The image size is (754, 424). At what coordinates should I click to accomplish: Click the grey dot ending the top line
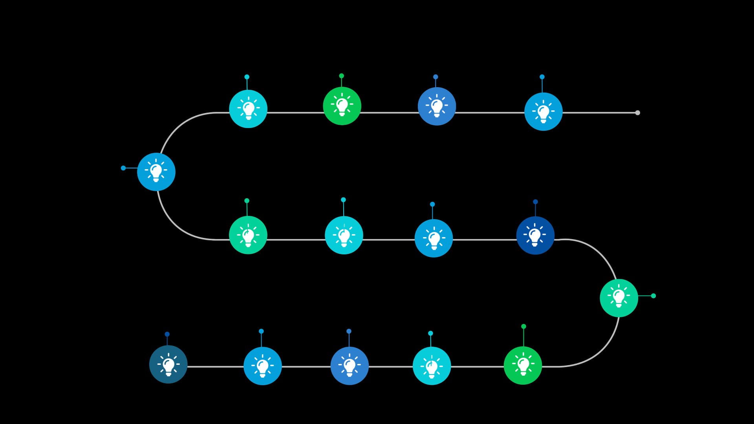point(637,113)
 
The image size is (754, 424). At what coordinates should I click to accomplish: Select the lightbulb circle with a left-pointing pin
point(156,172)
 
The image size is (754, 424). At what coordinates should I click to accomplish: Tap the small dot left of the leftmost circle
point(123,168)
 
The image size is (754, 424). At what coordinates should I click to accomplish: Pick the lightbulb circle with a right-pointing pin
point(619,298)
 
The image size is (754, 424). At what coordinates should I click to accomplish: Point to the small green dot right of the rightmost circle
point(653,296)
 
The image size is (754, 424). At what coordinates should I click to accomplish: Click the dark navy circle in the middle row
point(535,235)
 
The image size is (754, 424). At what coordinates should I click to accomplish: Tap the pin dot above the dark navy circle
point(535,202)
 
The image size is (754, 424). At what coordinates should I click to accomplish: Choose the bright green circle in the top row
point(342,106)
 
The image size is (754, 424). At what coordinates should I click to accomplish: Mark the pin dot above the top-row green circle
point(341,76)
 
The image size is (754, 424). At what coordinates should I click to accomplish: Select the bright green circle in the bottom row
point(523,366)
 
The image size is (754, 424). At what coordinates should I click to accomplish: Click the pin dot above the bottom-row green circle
point(523,326)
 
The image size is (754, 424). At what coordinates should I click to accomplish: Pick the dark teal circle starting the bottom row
point(168,364)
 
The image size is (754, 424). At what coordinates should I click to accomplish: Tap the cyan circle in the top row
point(248,109)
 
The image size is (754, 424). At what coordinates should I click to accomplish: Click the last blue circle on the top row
point(544,111)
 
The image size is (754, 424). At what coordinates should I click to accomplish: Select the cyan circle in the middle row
point(344,235)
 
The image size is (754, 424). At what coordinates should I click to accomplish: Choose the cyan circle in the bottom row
point(432,366)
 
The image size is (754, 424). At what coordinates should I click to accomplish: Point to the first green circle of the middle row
point(248,235)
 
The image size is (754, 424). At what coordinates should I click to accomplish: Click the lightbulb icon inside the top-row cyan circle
point(248,109)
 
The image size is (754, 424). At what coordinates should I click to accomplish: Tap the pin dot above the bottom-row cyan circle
point(430,333)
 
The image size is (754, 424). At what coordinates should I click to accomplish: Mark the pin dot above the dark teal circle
point(167,334)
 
